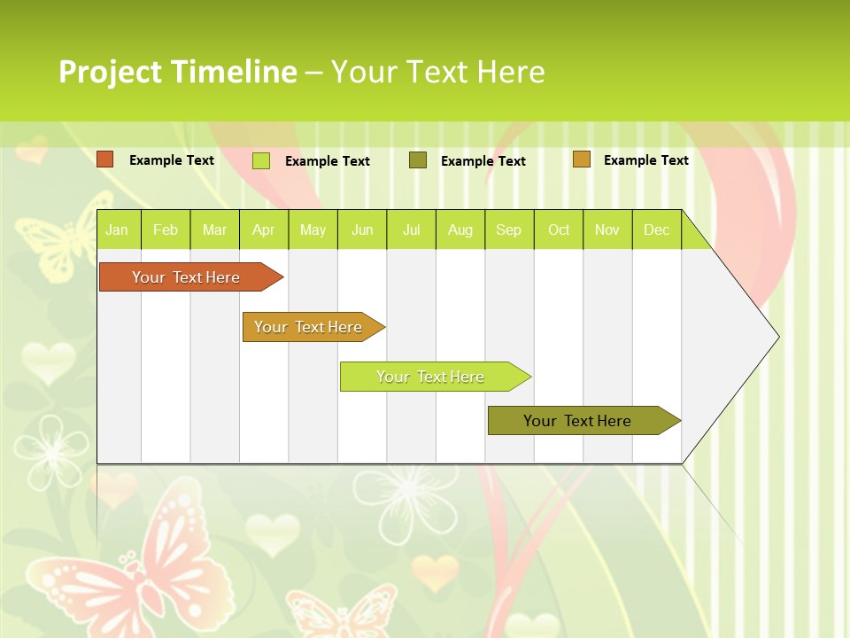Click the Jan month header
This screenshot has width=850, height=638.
click(117, 230)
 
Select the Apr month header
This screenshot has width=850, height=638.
click(263, 230)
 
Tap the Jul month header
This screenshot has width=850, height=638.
click(411, 230)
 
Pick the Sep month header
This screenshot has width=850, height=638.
click(508, 230)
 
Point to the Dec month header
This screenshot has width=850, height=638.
click(656, 230)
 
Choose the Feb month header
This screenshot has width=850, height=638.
click(166, 230)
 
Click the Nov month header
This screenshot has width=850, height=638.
click(607, 230)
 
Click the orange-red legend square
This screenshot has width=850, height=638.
click(105, 159)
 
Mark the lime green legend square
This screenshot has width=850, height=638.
click(261, 160)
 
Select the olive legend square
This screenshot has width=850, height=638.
click(418, 159)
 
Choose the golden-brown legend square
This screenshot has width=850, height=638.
click(581, 159)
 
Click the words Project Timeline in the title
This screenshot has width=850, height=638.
click(177, 72)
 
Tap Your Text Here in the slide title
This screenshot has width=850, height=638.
click(437, 72)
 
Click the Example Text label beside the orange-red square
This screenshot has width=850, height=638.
click(172, 160)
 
